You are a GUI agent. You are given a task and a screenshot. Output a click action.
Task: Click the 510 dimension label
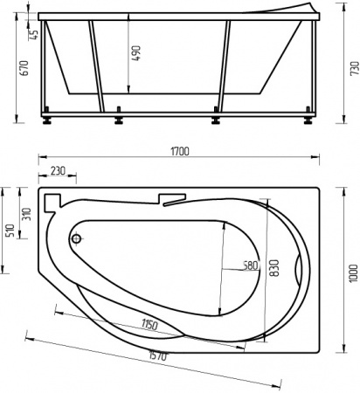tap(10, 230)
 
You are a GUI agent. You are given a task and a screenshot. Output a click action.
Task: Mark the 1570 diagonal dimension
tap(157, 356)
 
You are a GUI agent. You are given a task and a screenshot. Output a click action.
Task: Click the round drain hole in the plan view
tap(76, 238)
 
